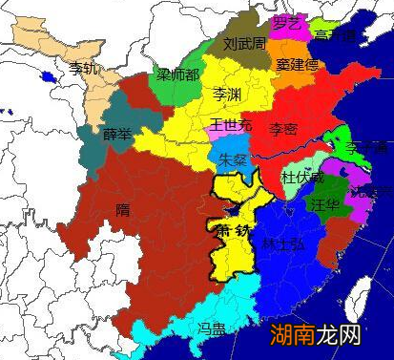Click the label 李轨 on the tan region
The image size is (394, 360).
(x=84, y=68)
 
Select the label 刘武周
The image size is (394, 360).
(x=243, y=44)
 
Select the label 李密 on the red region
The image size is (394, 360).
(x=283, y=128)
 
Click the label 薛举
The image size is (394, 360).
(x=117, y=133)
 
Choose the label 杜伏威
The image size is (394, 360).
(x=301, y=179)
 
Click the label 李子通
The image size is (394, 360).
(x=366, y=149)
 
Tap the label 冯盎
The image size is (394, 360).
(x=211, y=328)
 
